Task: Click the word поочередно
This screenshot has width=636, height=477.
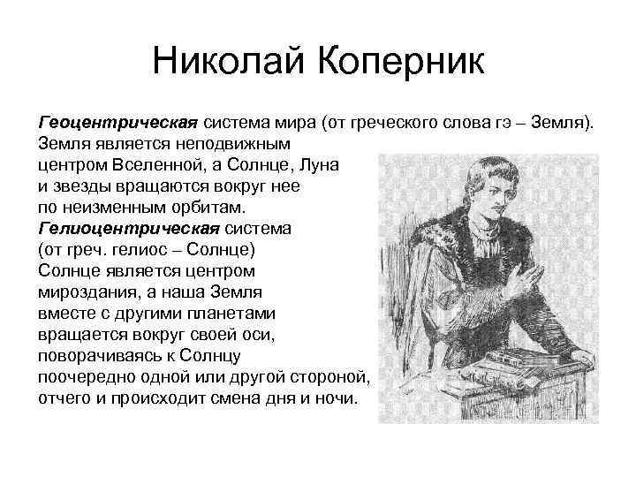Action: (x=85, y=377)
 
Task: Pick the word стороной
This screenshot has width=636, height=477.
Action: (x=337, y=377)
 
